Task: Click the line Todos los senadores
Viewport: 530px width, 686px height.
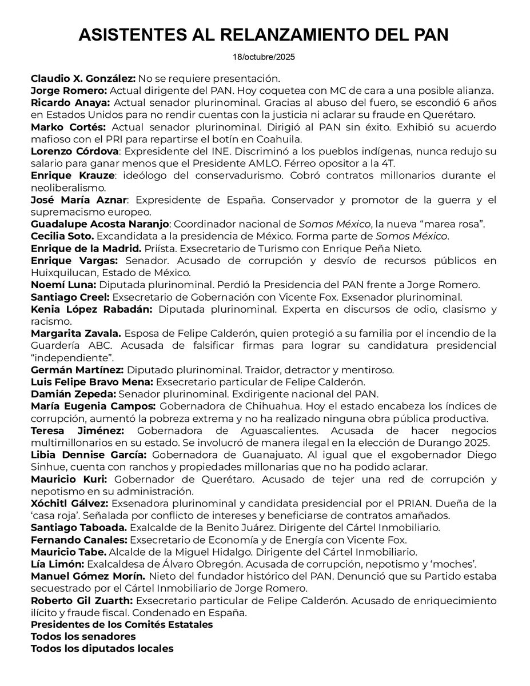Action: [83, 636]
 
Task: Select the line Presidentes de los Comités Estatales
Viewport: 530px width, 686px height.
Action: [121, 624]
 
